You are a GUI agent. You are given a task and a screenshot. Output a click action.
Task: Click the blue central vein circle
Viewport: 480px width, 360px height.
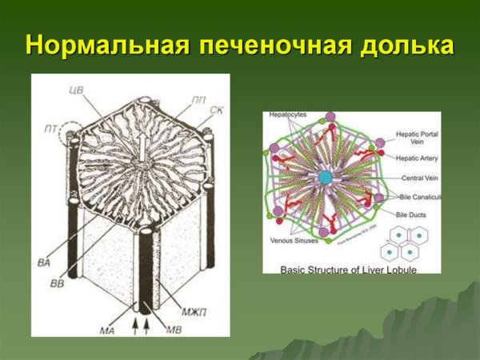(325, 178)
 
